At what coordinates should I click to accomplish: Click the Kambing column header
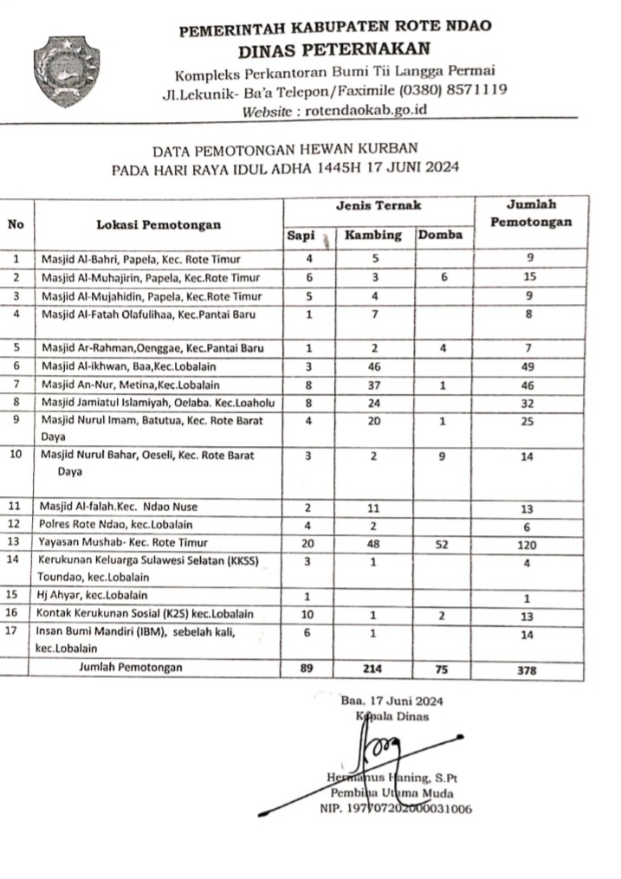point(373,235)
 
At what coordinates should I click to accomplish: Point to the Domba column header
point(440,235)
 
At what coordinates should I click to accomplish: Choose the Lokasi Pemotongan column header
point(158,224)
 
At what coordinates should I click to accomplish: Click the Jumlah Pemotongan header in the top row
point(531,213)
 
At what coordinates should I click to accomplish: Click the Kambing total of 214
point(373,669)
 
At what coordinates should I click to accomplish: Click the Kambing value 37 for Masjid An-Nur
point(373,384)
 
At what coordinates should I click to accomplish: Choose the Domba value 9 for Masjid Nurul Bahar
point(441,456)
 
